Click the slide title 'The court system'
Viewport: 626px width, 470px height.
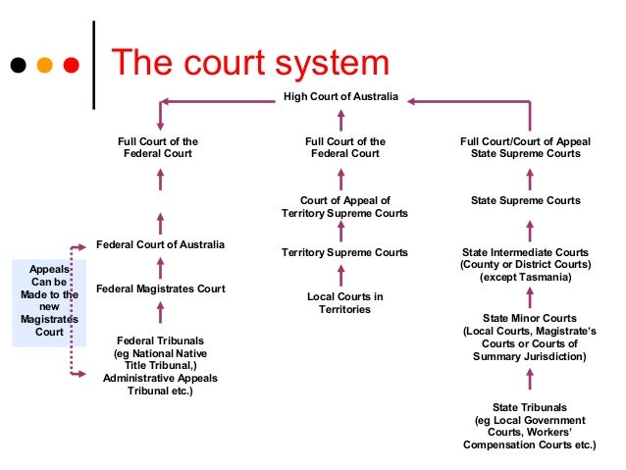point(249,64)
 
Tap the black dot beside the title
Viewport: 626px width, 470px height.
point(18,67)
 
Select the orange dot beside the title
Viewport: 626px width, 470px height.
point(44,67)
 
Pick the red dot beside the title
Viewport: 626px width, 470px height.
point(71,67)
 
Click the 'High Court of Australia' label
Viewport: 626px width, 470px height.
point(340,96)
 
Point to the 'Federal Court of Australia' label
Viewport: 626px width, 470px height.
point(160,243)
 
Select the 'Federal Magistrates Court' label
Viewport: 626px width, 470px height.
point(160,288)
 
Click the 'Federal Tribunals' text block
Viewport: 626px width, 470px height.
point(160,365)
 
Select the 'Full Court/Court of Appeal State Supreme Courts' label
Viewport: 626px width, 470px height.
point(525,147)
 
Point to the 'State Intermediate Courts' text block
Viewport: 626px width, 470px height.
point(525,265)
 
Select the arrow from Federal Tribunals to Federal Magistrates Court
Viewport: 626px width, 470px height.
point(160,314)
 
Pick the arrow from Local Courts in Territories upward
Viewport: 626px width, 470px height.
point(341,275)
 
